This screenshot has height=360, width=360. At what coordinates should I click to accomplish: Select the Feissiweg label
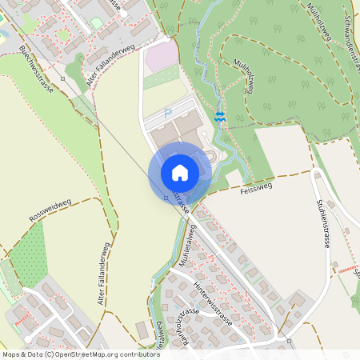(x=256, y=190)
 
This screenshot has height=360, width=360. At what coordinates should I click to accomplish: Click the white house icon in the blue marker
(x=179, y=172)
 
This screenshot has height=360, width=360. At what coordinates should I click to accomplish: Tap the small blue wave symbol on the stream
(x=221, y=118)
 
